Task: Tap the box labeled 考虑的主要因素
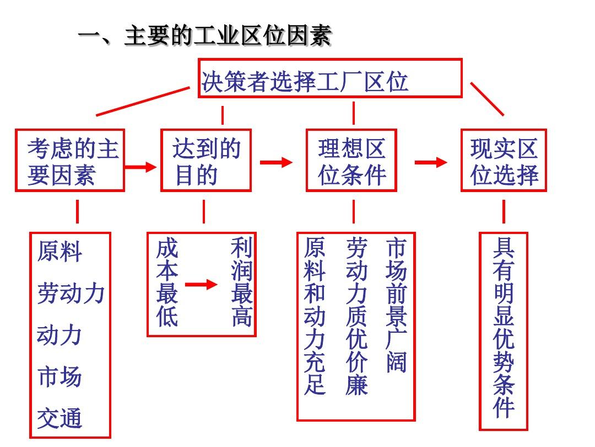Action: pos(70,130)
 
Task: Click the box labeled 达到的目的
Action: pos(206,130)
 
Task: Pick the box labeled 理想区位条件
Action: pos(351,130)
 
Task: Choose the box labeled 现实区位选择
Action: pos(504,130)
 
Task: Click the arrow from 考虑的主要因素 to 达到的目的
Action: pos(140,167)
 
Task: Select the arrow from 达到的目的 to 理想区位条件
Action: pos(276,162)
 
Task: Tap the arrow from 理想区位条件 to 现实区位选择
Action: pos(431,162)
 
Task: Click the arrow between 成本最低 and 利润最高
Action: pos(201,284)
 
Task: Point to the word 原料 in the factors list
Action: pos(59,251)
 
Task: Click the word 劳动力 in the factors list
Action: pos(71,293)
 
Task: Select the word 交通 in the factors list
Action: pos(59,418)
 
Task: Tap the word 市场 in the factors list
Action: pos(59,377)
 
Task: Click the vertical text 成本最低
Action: pos(167,283)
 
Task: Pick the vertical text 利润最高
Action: pos(242,281)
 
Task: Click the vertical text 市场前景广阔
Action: pos(397,305)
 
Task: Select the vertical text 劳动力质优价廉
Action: pos(356,316)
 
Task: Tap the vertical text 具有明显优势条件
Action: pos(504,328)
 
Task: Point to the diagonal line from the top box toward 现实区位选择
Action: pos(487,99)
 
